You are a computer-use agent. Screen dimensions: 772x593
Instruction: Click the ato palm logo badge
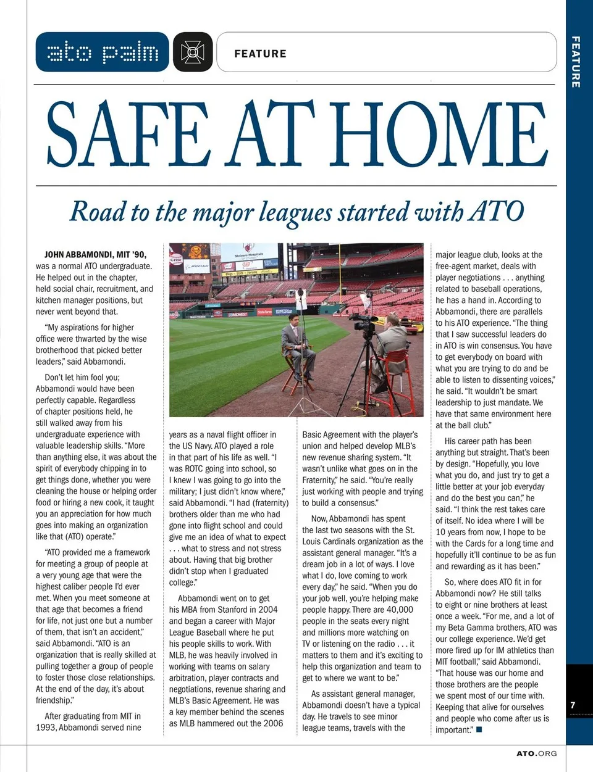(103, 52)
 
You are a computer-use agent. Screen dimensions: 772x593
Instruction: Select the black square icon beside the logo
(193, 52)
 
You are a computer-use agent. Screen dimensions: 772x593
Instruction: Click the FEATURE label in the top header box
(260, 54)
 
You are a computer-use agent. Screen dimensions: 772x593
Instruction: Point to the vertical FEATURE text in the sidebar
(576, 62)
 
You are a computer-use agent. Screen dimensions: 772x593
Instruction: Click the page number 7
(573, 705)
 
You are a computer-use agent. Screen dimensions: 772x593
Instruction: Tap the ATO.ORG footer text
(536, 753)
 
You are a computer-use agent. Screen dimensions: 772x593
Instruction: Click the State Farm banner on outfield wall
(264, 313)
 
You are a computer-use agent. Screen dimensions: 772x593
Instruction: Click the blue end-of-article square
(479, 730)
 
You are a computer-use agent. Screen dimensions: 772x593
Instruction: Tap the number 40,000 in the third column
(400, 610)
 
